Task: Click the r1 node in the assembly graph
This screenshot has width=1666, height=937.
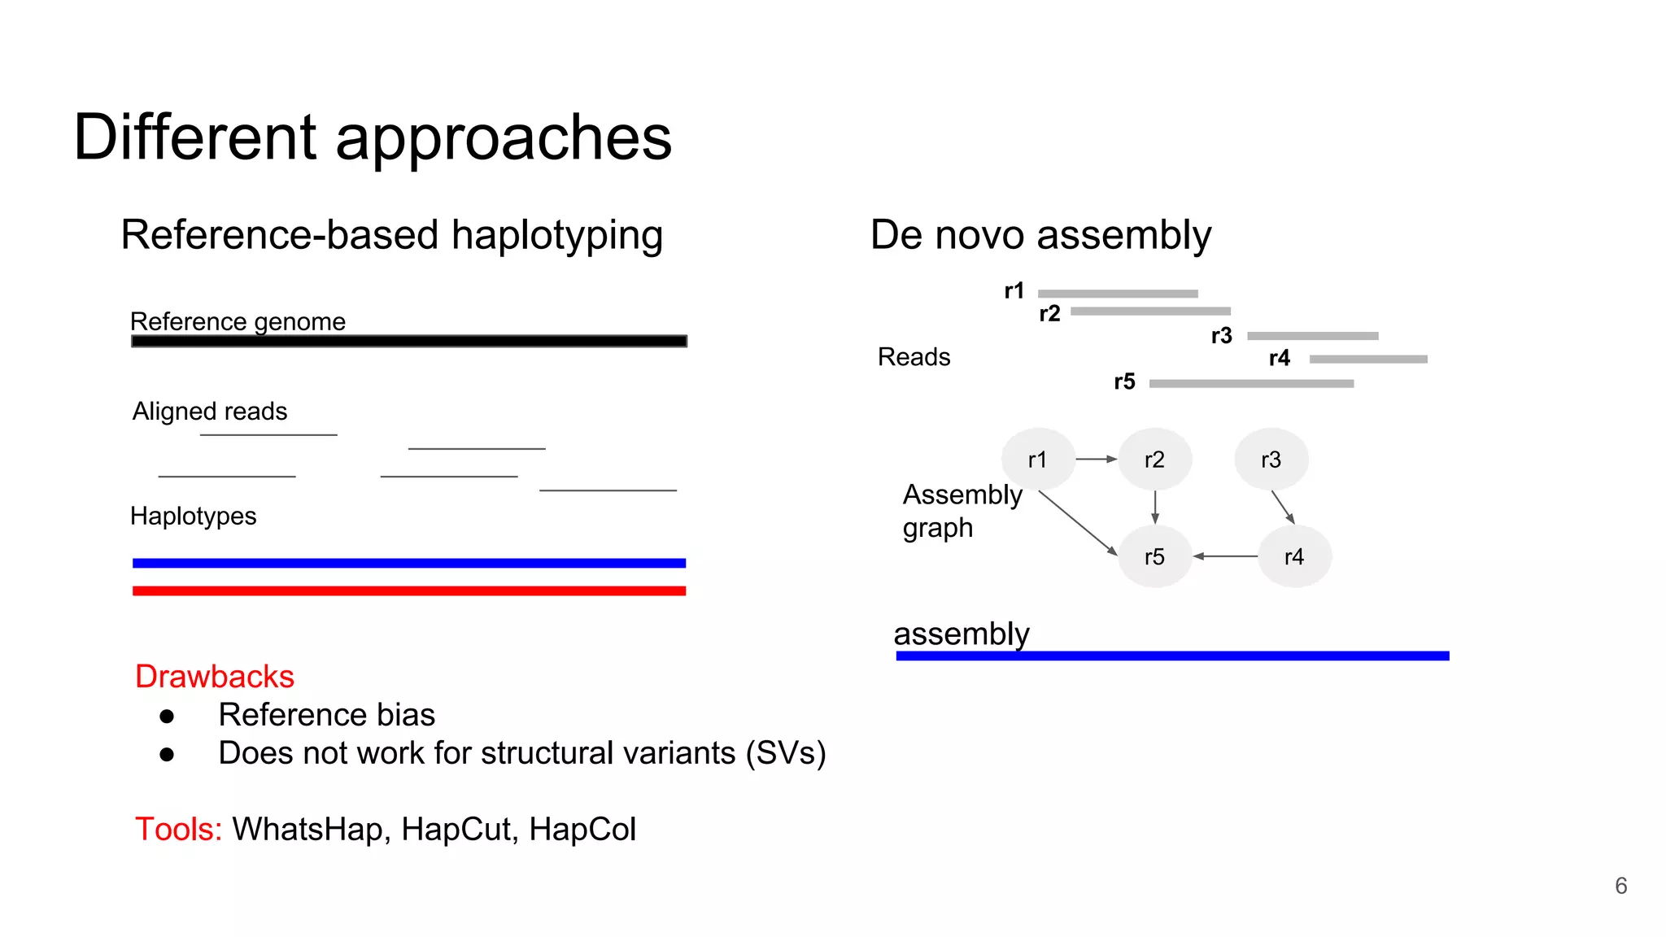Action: click(x=1038, y=460)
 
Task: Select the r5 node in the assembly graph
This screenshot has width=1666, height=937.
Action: click(x=1154, y=556)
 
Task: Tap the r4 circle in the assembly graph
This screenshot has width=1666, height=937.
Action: click(x=1293, y=556)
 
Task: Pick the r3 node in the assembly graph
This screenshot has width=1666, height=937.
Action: click(x=1271, y=460)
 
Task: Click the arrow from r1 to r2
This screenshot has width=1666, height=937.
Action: click(x=1097, y=460)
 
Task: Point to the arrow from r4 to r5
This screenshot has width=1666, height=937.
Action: click(x=1225, y=556)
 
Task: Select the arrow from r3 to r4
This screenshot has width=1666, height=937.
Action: click(x=1283, y=507)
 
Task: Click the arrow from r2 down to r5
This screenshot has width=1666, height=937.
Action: click(x=1155, y=508)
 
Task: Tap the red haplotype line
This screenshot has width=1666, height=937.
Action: click(x=409, y=591)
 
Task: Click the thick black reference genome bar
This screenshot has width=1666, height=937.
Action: click(x=409, y=341)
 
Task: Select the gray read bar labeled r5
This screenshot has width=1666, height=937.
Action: click(x=1251, y=383)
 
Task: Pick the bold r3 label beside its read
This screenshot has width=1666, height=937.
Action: click(x=1221, y=336)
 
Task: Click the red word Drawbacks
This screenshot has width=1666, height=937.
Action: click(x=215, y=677)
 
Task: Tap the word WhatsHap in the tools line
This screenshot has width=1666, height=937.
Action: click(x=307, y=830)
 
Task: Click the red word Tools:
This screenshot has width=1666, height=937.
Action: click(x=178, y=830)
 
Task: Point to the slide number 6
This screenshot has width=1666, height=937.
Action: click(x=1620, y=886)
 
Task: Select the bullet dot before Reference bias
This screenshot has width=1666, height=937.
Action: click(x=168, y=716)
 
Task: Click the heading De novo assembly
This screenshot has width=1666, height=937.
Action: click(x=1040, y=235)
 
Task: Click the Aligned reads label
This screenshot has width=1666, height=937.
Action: click(x=210, y=412)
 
